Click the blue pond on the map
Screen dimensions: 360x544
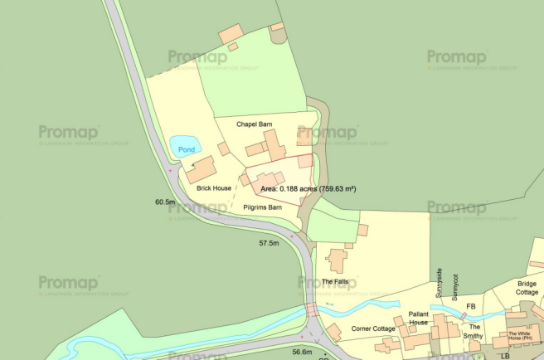[184, 148]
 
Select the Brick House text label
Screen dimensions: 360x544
[214, 188]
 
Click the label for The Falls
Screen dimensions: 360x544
[336, 282]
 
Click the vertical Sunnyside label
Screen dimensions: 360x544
[440, 283]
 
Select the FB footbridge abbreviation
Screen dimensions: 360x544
[470, 307]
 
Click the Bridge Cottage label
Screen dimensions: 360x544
[527, 288]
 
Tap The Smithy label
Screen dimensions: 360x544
[473, 331]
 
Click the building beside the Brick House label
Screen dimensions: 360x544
[201, 171]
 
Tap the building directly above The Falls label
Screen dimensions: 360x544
[337, 260]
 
